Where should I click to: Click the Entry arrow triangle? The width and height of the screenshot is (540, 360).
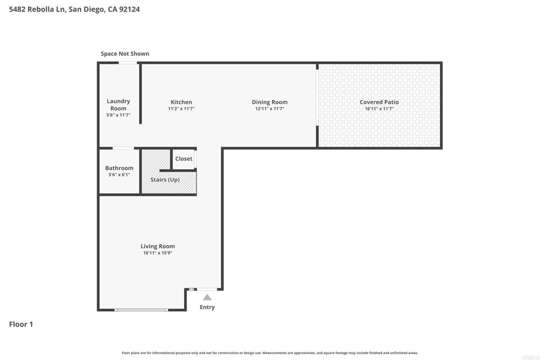(207, 297)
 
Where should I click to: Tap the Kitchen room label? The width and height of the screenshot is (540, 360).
(181, 102)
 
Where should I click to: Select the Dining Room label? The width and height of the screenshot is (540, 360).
(269, 102)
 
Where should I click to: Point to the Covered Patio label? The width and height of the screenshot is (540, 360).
(379, 102)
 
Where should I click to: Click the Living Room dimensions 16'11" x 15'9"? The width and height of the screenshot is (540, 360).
(158, 252)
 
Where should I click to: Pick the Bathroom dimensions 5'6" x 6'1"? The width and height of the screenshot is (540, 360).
(119, 174)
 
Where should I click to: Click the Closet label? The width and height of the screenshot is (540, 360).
(184, 159)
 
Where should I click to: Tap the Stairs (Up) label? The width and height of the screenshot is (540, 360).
(165, 180)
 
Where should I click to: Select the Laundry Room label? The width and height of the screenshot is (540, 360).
(119, 105)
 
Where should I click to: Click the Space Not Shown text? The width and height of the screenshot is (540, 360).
(125, 54)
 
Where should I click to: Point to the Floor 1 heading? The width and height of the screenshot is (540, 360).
(21, 324)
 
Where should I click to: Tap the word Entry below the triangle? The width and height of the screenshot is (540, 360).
(207, 307)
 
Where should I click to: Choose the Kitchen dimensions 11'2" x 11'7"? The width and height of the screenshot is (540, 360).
(181, 109)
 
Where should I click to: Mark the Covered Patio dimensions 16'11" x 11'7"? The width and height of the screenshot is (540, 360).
(379, 109)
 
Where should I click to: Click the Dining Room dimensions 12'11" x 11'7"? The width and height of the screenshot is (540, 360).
(269, 109)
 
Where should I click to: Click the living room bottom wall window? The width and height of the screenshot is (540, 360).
(141, 310)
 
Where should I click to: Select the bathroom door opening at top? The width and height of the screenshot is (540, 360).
(123, 148)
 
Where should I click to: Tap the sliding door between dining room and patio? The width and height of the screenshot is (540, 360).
(317, 98)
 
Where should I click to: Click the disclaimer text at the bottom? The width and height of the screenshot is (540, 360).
(269, 353)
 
